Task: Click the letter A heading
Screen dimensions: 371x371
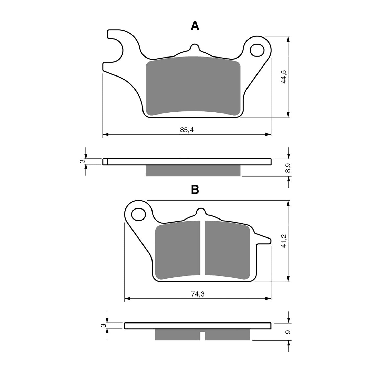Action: (195, 26)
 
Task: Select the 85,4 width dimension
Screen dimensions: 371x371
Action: (187, 130)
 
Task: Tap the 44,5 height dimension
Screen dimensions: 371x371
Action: (283, 76)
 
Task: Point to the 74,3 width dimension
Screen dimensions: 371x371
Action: (197, 294)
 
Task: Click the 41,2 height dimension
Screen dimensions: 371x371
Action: (283, 241)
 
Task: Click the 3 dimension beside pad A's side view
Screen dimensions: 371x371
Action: (82, 161)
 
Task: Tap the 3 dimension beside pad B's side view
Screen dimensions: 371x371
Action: (103, 325)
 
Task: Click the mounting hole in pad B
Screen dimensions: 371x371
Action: (138, 214)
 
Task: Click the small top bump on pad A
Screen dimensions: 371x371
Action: (195, 47)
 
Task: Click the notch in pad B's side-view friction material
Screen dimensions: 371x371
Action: (203, 335)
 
